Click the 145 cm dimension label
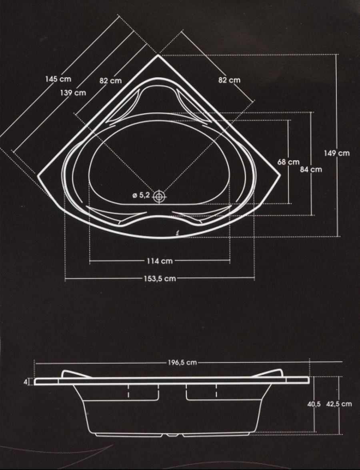point(58,79)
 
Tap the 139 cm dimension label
point(73,93)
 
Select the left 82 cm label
point(111,81)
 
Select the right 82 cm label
point(229,80)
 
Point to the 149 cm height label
point(337,153)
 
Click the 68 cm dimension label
point(288,162)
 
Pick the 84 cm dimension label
point(311,169)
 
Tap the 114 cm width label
point(160,261)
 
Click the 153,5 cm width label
point(160,278)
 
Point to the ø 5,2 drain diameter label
point(141,196)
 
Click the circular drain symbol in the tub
point(159,196)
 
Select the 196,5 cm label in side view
point(182,362)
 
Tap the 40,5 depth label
point(314,404)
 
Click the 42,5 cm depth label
point(339,404)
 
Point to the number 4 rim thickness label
point(26,382)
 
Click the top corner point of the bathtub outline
point(158,55)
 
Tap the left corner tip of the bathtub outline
point(38,176)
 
